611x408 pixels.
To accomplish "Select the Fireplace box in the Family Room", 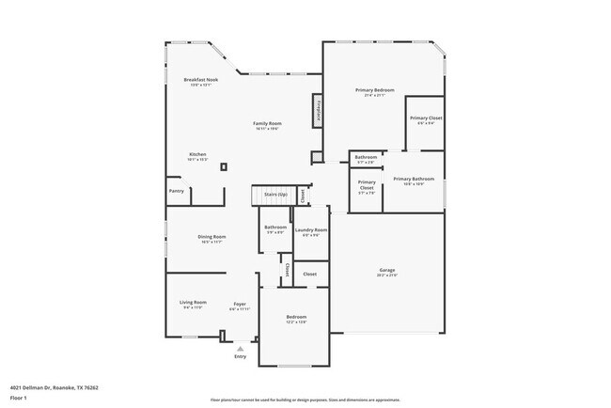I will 319,110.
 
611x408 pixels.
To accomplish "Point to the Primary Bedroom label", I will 374,90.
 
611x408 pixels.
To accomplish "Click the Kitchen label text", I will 197,154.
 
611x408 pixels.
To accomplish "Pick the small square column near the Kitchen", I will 223,167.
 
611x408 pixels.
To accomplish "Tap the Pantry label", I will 177,191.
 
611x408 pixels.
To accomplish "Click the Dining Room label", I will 211,237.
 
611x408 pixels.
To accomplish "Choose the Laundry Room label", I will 310,230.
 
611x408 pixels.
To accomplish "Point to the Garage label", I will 387,270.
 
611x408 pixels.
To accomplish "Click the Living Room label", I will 193,303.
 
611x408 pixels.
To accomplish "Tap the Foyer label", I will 241,304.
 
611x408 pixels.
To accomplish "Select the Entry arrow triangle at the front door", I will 240,348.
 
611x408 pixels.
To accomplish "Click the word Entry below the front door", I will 240,356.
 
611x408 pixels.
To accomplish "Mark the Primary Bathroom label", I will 414,179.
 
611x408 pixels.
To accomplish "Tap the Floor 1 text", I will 18,398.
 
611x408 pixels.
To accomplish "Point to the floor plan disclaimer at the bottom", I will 305,399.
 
